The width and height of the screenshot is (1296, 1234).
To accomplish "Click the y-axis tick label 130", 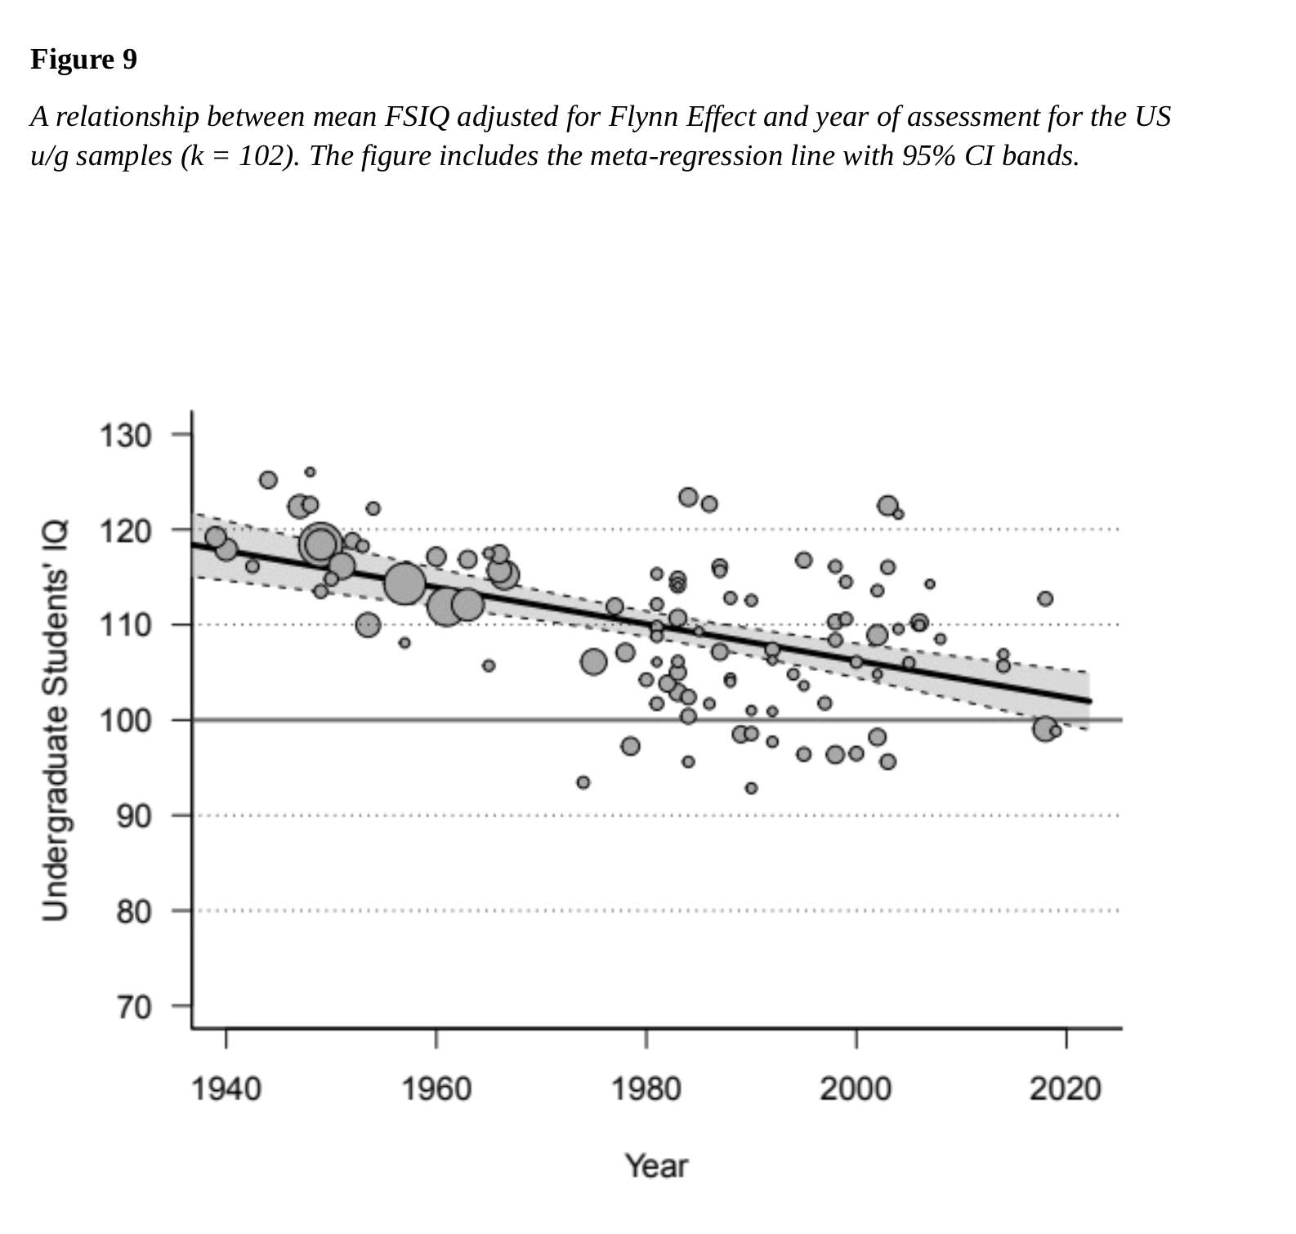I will [125, 436].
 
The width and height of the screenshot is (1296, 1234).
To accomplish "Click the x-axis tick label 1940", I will [226, 1089].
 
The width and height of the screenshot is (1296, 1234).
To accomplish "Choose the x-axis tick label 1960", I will [436, 1089].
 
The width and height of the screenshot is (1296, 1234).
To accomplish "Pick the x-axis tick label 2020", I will [1065, 1089].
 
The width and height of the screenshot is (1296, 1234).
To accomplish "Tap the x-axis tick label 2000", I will [856, 1089].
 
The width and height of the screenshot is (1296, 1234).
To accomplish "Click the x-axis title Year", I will [656, 1166].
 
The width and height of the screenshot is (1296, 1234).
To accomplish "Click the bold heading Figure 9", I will [83, 60].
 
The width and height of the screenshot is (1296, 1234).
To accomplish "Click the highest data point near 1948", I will [310, 472].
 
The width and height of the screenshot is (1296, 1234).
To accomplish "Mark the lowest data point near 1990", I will [751, 788].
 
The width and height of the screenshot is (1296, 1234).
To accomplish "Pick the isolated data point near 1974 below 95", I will [583, 782].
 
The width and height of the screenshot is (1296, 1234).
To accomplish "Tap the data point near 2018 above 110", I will [1045, 598].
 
